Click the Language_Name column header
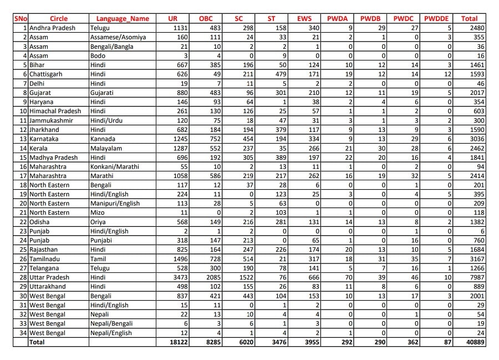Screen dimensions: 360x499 coord(123,18)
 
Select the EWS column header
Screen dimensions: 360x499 coord(304,18)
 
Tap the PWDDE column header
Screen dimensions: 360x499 coord(437,18)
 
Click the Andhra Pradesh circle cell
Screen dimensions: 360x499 coord(54,28)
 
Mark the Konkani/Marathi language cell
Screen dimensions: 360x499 coord(115,166)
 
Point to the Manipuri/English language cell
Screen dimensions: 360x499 coord(115,204)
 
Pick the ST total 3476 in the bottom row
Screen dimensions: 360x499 coord(277,342)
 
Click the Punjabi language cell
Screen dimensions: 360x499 coord(102,240)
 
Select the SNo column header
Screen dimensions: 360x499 coord(21,18)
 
